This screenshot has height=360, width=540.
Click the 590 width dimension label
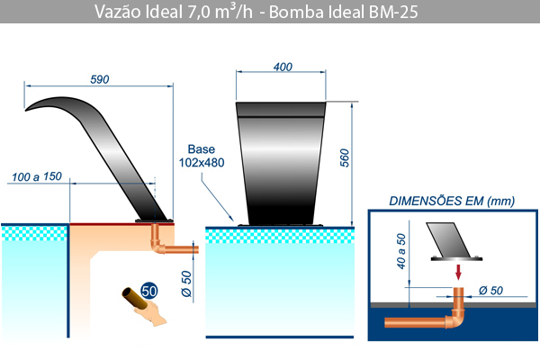tap(100, 79)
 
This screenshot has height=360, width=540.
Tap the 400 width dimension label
tap(283, 67)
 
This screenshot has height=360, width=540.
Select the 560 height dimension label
tap(345, 158)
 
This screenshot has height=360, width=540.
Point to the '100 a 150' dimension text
tap(37, 176)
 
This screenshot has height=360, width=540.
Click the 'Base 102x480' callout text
tap(202, 156)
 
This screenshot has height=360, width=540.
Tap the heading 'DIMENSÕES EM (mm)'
tap(452, 201)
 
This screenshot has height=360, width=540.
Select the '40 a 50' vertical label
tap(401, 251)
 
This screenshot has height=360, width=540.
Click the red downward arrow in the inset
tap(458, 272)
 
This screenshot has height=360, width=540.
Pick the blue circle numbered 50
tap(149, 292)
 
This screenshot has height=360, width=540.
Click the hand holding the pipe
tap(151, 313)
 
